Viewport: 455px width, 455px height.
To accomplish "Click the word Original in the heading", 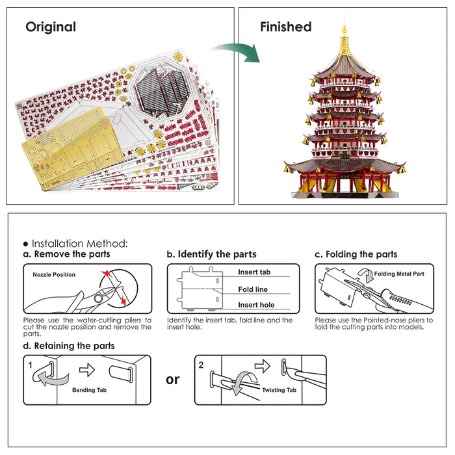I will pos(51,27).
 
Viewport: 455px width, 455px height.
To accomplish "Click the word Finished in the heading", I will pos(285,27).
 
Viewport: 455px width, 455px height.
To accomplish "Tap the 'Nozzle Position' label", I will pos(54,274).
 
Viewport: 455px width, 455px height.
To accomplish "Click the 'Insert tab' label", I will pos(254,272).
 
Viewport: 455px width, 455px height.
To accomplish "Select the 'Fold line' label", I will pos(253,289).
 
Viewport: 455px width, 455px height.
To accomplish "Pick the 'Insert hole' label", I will pos(256,305).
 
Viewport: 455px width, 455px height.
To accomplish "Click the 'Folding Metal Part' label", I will pos(399,274).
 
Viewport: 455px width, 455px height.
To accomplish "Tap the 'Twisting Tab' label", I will pos(279,390).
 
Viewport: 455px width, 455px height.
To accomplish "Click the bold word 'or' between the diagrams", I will pos(172,379).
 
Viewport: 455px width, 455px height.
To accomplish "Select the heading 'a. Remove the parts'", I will pos(66,254).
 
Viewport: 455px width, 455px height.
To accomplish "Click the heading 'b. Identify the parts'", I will pos(211,254).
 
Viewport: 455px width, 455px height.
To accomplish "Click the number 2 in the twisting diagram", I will pos(201,365).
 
